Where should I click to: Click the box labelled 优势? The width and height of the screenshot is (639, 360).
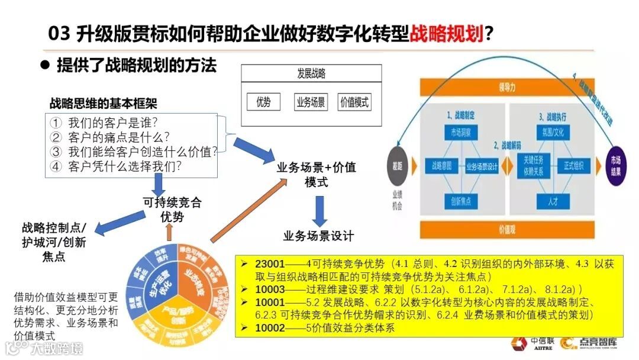pos(263,102)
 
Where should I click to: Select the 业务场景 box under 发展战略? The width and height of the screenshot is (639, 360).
pos(310,102)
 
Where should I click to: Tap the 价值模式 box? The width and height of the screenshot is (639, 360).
pos(354,102)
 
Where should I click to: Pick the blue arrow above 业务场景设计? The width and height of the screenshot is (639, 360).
pos(320,207)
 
